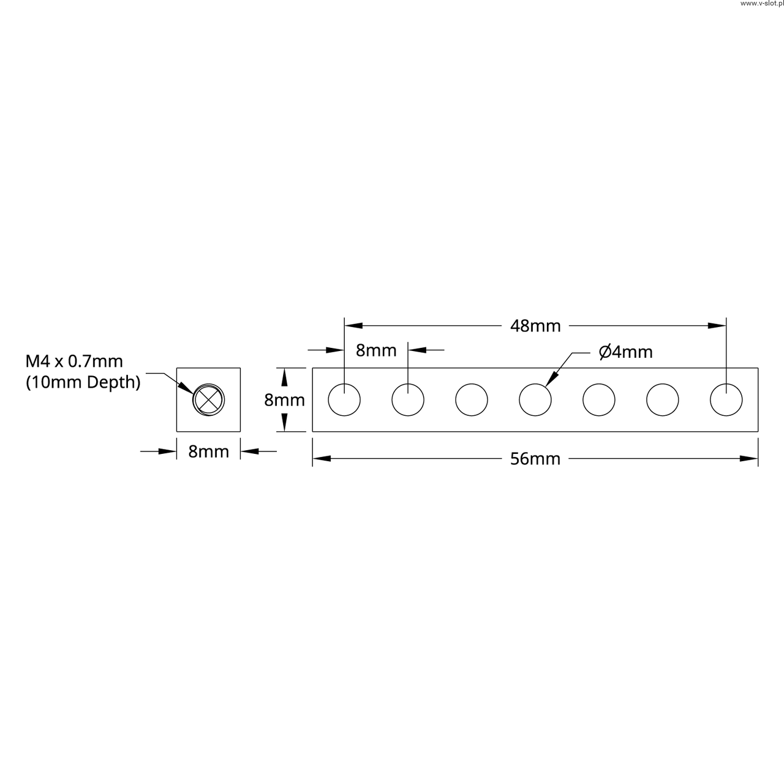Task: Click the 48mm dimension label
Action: [x=535, y=326]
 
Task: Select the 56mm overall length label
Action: [x=535, y=459]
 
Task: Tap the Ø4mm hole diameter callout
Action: [x=626, y=352]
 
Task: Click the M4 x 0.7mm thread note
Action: [x=74, y=361]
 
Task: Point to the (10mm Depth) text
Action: [x=83, y=382]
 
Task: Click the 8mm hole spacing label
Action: [x=376, y=350]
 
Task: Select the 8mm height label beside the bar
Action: [x=284, y=400]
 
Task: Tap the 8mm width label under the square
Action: [x=209, y=451]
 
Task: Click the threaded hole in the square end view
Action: [x=208, y=400]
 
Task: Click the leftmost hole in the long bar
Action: [x=344, y=400]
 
